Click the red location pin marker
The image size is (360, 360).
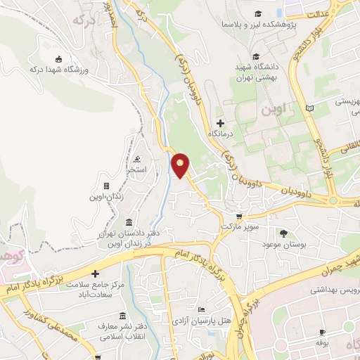click(181, 165)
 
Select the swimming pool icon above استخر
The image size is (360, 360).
click(138, 159)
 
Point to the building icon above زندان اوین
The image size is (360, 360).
click(106, 186)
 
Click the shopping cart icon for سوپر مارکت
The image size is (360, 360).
click(239, 217)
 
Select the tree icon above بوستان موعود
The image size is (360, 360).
click(284, 233)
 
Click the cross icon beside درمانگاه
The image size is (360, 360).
click(221, 123)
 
